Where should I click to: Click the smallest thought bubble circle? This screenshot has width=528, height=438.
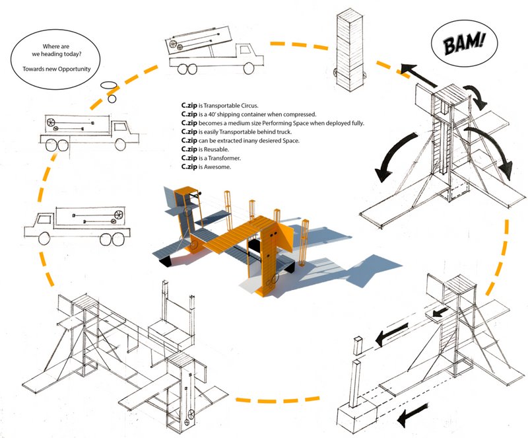click(112, 99)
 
